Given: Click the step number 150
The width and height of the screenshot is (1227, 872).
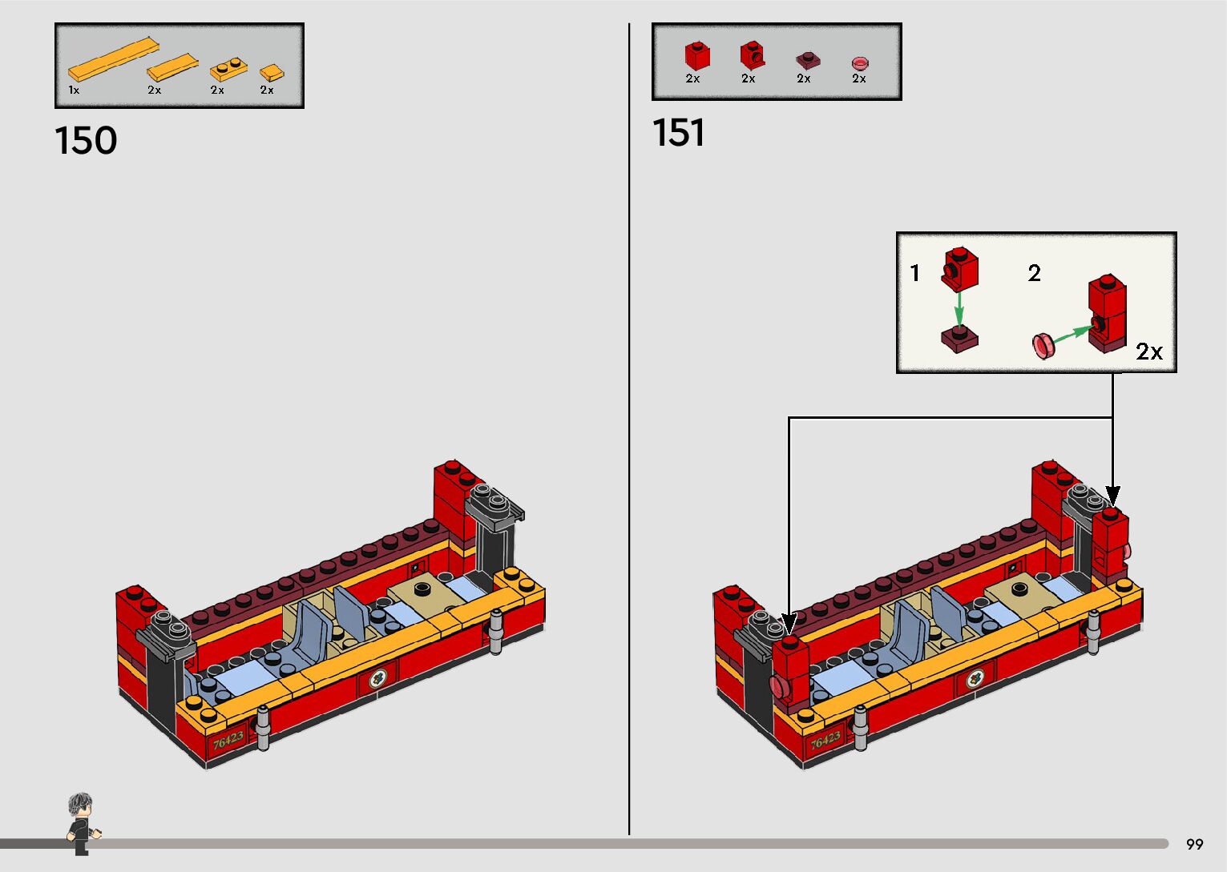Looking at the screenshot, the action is point(86,140).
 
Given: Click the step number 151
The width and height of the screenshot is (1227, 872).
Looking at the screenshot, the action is point(678,132).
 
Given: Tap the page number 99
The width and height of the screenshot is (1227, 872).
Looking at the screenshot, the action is point(1195,844).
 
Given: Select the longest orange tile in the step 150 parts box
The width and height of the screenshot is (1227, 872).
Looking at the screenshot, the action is point(113,59).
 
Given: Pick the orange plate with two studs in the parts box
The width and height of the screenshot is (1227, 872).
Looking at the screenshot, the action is point(228,70).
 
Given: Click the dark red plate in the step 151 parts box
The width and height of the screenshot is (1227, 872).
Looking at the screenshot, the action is point(808,60).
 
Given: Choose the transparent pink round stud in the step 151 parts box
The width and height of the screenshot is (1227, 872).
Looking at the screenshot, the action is point(860,63).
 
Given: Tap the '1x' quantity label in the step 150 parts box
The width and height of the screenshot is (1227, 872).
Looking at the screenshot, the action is point(74,90).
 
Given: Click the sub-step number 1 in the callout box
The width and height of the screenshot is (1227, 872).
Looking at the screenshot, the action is point(914,272).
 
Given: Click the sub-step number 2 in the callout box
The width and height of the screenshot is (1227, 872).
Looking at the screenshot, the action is point(1034,272).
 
